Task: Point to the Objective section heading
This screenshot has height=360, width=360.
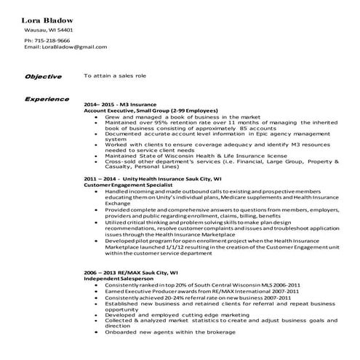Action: [x=43, y=76]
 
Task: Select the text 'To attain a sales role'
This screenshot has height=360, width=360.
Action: [x=116, y=75]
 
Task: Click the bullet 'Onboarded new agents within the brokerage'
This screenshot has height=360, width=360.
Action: [x=170, y=331]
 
